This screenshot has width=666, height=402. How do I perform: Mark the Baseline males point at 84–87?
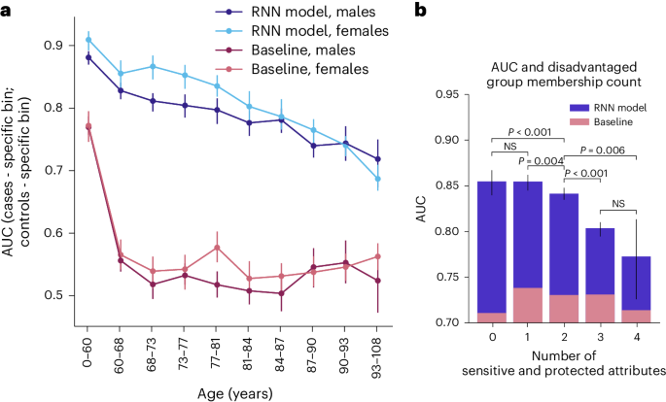coord(280,292)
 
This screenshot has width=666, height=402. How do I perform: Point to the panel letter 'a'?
coord(8,9)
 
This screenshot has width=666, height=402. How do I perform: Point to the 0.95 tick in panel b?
coord(458,94)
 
